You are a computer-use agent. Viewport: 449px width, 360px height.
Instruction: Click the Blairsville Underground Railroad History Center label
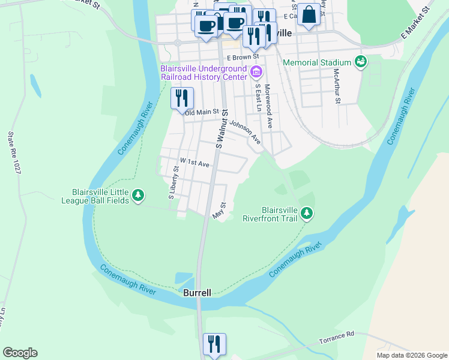[x=203, y=72]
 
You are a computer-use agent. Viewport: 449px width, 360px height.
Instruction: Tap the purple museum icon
[x=256, y=73]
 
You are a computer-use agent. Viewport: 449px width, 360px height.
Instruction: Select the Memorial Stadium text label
[x=316, y=62]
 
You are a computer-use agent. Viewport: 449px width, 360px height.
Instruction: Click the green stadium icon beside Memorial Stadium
[x=360, y=62]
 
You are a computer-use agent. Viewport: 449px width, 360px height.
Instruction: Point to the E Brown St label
[x=243, y=57]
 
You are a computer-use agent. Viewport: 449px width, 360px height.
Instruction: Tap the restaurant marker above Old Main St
[x=182, y=98]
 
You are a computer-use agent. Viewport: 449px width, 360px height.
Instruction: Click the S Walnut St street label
[x=222, y=128]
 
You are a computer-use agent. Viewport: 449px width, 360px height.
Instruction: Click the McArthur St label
[x=337, y=85]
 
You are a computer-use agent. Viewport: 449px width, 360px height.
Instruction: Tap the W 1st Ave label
[x=194, y=163]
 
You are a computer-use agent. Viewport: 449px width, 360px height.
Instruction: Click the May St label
[x=218, y=210]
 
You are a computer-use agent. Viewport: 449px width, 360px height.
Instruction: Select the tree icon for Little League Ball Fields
[x=139, y=196]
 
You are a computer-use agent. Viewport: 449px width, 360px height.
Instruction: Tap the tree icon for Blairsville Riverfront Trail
[x=307, y=214]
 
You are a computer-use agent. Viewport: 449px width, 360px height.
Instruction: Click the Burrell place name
[x=197, y=293]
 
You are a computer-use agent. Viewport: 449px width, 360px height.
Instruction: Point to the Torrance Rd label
[x=337, y=334]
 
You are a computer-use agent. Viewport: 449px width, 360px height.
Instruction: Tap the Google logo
[x=20, y=353]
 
